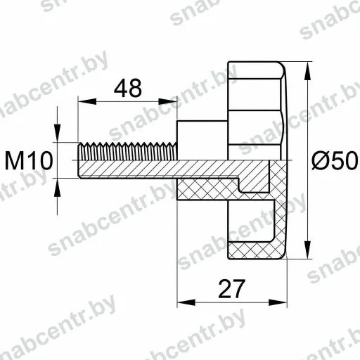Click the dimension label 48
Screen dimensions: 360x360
128,88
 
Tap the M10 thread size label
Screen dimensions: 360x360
29,161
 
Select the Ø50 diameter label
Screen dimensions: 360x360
335,160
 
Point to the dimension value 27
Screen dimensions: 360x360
231,289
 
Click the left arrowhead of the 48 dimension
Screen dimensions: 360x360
87,102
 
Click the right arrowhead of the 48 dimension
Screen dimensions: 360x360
167,102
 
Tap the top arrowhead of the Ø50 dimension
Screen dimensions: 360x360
308,71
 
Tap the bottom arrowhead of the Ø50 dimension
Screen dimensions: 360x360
308,250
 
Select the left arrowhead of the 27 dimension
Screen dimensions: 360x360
186,302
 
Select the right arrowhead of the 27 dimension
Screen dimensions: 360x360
278,302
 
